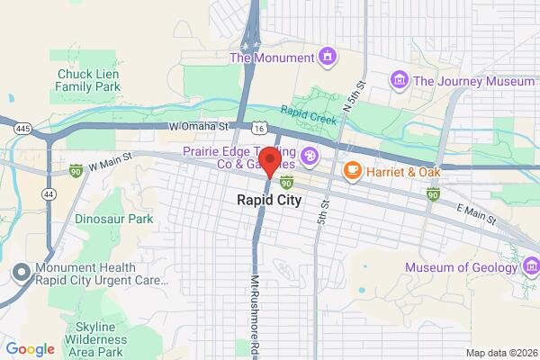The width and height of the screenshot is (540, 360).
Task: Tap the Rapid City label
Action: (x=269, y=199)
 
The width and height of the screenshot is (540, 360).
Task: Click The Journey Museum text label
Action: (x=473, y=81)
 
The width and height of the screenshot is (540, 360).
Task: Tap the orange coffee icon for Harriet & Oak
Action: (x=353, y=168)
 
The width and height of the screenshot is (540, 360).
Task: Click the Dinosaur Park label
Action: (x=113, y=219)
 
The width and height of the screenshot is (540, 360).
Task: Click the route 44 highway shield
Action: (x=46, y=193)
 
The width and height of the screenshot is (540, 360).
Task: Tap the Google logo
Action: (x=30, y=349)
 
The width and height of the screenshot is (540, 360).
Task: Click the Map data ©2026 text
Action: (x=499, y=353)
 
